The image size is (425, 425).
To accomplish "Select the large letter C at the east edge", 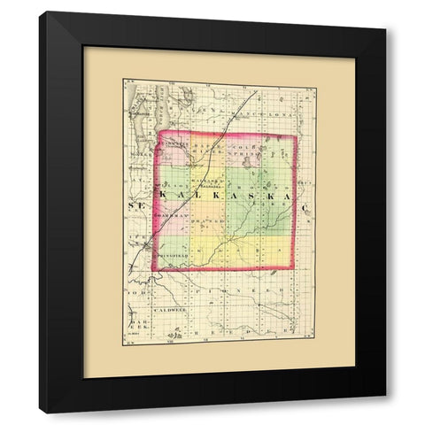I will tap(309, 206).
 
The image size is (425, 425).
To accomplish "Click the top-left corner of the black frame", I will tap(39, 12).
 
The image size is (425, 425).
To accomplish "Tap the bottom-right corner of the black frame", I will tap(386, 413).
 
